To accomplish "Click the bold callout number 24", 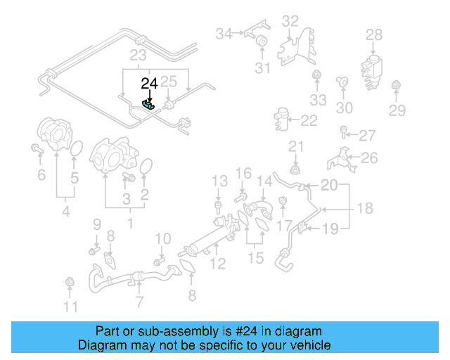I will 149,84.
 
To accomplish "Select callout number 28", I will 374,34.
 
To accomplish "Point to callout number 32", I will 290,22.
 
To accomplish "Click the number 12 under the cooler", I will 218,264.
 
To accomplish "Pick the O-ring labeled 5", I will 77,150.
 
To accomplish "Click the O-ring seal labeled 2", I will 146,167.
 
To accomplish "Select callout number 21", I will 295,146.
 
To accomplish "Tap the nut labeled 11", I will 70,283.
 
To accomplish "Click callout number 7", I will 139,302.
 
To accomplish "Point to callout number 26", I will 370,158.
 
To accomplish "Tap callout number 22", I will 309,121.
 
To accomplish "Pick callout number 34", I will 224,33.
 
